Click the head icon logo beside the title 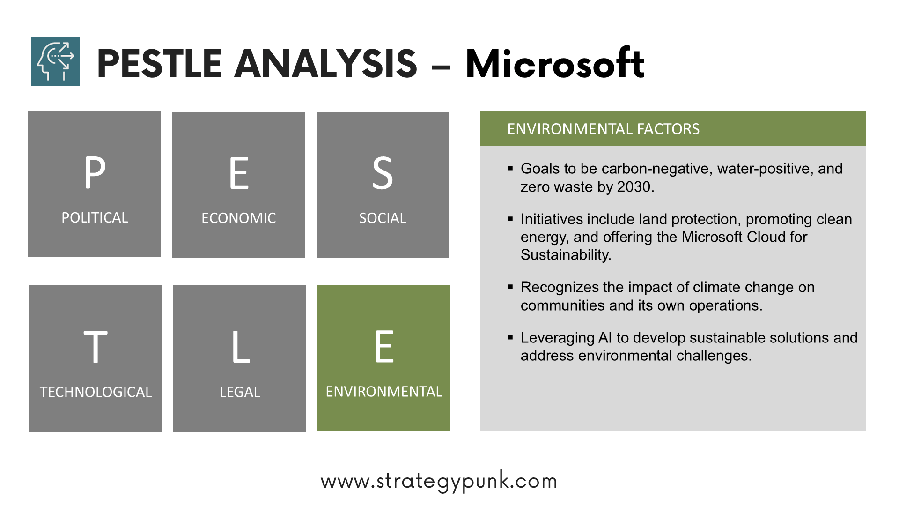pos(55,61)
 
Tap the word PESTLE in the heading pos(159,64)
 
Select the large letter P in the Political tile pos(95,172)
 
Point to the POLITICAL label pos(95,218)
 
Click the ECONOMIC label pos(239,218)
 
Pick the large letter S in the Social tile pos(383,173)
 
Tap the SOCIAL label pos(383,218)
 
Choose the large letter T pos(96,347)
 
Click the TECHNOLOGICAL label pos(96,392)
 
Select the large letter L pos(241,347)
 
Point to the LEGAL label pos(240,392)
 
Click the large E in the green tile pos(384,346)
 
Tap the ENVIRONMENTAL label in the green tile pos(384,392)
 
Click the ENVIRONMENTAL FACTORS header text pos(603,129)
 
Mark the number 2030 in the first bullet pos(635,187)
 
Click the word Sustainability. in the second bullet pos(566,255)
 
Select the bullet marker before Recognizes pos(510,287)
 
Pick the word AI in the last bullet pos(605,338)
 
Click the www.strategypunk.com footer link pos(439,481)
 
